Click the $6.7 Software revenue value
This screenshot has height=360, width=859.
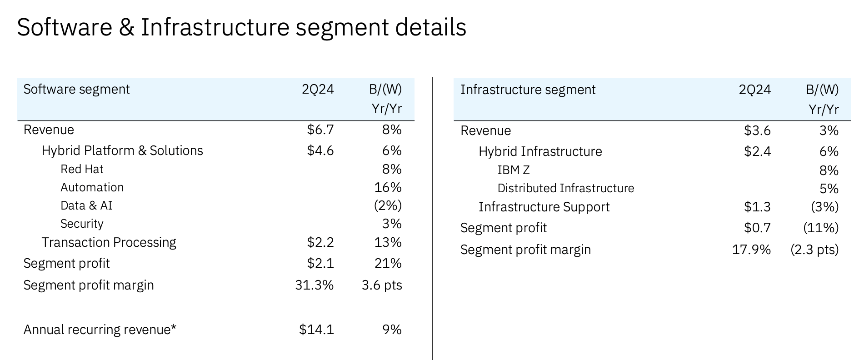(x=320, y=130)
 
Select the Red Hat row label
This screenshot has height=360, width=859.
(x=82, y=169)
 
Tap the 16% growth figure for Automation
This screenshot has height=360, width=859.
(x=388, y=187)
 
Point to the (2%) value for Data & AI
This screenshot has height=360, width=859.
(x=388, y=205)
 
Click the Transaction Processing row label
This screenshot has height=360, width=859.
(x=109, y=242)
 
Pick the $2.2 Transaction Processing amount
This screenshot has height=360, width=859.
(x=320, y=242)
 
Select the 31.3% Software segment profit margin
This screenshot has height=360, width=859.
(x=314, y=285)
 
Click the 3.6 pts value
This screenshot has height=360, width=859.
(x=382, y=285)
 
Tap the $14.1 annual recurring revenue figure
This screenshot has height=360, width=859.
(x=316, y=330)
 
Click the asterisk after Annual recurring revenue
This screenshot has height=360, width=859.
(x=174, y=327)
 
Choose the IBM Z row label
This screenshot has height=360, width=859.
(x=514, y=170)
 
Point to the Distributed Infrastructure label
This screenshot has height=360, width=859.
(x=565, y=188)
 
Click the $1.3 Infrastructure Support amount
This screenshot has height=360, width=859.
(x=757, y=207)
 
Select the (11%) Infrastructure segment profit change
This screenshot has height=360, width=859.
(x=820, y=228)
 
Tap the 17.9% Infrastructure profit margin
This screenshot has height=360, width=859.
(x=751, y=250)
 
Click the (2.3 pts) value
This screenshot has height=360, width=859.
(x=814, y=250)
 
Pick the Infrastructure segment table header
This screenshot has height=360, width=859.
(x=528, y=90)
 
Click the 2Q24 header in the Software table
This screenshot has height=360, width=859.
(x=318, y=89)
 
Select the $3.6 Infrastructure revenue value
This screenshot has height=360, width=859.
(x=757, y=131)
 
